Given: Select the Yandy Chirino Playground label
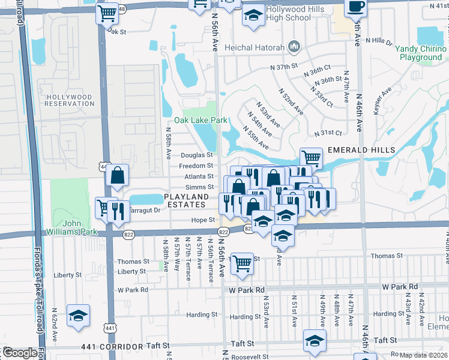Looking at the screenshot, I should point(420,53).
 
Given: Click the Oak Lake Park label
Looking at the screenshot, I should point(200,120).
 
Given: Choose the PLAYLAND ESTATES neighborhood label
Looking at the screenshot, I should point(187,200).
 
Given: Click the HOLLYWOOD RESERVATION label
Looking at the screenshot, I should point(69,100).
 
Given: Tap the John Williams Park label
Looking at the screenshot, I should point(72,227).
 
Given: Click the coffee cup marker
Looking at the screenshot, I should point(355,7).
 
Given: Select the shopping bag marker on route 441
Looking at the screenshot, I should point(118,176).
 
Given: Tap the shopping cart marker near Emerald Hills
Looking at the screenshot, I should point(312,158).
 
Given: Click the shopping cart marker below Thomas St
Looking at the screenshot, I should point(241,263).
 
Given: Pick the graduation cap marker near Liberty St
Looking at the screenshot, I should point(79,316).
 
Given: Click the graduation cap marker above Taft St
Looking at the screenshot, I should point(315,340).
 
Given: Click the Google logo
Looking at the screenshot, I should point(20,353).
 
